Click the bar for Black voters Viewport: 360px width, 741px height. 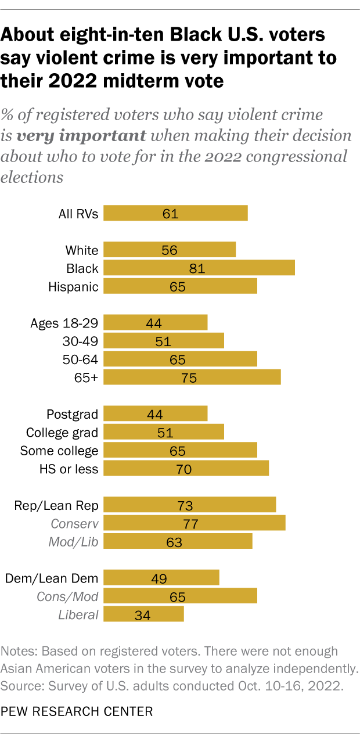[x=199, y=268]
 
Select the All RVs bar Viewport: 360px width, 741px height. [x=175, y=213]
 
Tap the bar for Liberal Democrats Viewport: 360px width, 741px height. [x=143, y=614]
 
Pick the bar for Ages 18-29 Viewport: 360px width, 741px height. [x=155, y=323]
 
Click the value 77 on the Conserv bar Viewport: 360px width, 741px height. [x=190, y=524]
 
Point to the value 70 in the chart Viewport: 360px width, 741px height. [x=183, y=469]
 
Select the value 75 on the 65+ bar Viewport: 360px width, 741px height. [x=188, y=378]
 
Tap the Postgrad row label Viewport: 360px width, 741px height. [x=72, y=414]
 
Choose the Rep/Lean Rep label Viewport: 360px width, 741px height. [x=56, y=505]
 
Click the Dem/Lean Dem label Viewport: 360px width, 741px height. [x=52, y=578]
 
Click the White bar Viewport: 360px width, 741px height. [x=170, y=250]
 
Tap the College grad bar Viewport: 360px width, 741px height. [x=164, y=432]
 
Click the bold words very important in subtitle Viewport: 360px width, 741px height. [x=81, y=136]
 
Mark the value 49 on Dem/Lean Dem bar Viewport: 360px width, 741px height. [x=159, y=578]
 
